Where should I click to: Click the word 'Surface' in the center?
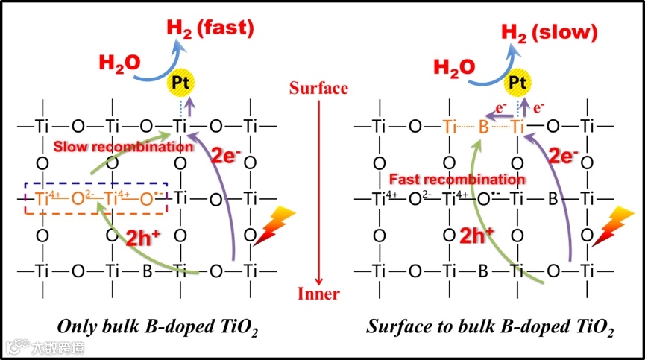point(319,89)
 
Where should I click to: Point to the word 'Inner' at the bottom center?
point(319,294)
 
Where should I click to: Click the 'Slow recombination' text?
point(119,146)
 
